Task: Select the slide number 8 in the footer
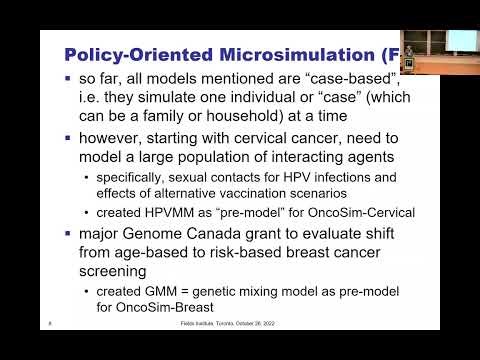tap(50, 323)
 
